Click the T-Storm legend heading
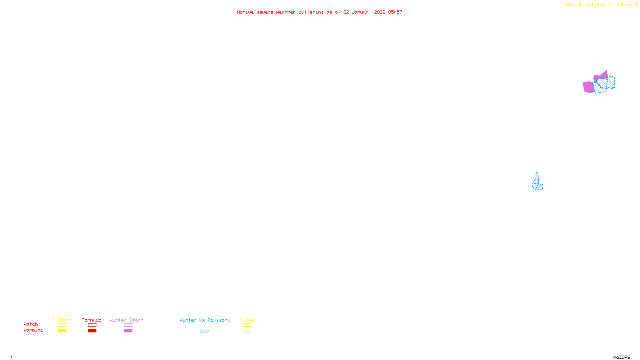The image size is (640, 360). [x=62, y=320]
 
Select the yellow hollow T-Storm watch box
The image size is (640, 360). [x=62, y=325]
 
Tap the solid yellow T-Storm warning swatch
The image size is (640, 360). [x=62, y=331]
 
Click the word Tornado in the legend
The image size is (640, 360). [x=92, y=320]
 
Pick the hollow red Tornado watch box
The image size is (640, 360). [x=92, y=325]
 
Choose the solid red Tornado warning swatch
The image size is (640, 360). [x=92, y=331]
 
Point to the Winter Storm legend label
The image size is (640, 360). [x=126, y=320]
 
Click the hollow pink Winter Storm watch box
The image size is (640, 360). [x=128, y=325]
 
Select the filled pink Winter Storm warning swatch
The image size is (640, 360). [x=128, y=331]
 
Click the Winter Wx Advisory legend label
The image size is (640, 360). [x=205, y=320]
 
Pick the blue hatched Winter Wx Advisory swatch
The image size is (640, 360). [x=204, y=331]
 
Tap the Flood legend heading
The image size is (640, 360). [x=247, y=320]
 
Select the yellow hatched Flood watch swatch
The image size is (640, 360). [x=247, y=325]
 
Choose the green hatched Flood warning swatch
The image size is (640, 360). [x=247, y=331]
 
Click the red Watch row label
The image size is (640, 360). [x=31, y=324]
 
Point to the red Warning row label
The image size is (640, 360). [x=33, y=330]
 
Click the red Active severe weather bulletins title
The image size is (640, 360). [x=320, y=12]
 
